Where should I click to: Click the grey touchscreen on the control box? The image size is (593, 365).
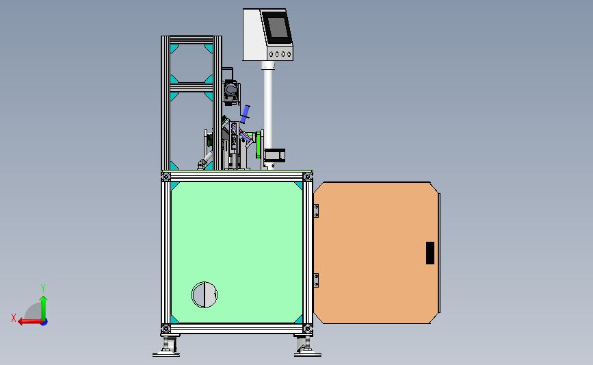[x=277, y=27]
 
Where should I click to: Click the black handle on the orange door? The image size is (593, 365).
[x=430, y=253]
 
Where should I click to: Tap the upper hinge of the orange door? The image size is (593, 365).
[x=316, y=211]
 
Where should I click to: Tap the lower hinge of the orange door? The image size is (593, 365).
[x=316, y=280]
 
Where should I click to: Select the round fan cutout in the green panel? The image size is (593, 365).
[x=205, y=294]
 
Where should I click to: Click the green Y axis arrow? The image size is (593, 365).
[x=44, y=308]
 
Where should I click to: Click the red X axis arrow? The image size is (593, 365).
[x=30, y=322]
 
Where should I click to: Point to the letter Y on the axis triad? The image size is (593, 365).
[x=43, y=288]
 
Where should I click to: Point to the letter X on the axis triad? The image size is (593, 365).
[x=14, y=318]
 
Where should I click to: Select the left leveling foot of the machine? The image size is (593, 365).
[x=166, y=346]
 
